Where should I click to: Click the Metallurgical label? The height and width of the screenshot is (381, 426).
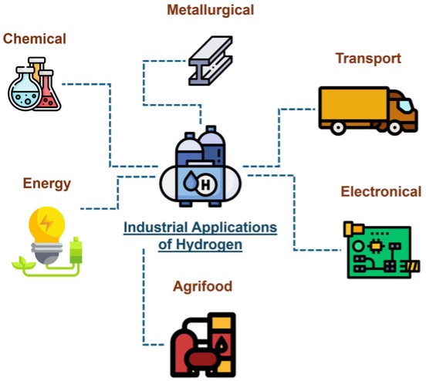pyautogui.click(x=211, y=10)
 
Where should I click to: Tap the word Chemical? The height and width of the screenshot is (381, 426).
pyautogui.click(x=35, y=39)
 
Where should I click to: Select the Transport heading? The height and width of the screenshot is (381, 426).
pyautogui.click(x=368, y=59)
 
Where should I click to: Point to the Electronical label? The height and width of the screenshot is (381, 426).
pyautogui.click(x=381, y=191)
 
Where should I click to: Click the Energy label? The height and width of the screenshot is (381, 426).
pyautogui.click(x=47, y=184)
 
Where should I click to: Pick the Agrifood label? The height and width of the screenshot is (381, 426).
pyautogui.click(x=203, y=287)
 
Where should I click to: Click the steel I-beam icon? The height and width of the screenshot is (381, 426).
pyautogui.click(x=211, y=61)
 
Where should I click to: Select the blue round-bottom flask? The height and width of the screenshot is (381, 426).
pyautogui.click(x=25, y=89)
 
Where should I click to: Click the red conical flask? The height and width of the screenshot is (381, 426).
pyautogui.click(x=49, y=93)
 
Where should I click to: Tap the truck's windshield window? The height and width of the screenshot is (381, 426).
pyautogui.click(x=406, y=105)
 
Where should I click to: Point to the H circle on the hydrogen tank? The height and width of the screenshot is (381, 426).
pyautogui.click(x=205, y=185)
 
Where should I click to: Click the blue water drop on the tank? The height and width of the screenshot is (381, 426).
pyautogui.click(x=190, y=180)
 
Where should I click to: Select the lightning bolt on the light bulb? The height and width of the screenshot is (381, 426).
pyautogui.click(x=46, y=223)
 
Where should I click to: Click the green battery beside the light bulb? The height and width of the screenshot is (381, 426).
pyautogui.click(x=76, y=251)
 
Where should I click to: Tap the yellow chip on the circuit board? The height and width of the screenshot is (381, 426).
pyautogui.click(x=376, y=246)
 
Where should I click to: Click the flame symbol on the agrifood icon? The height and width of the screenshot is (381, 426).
pyautogui.click(x=221, y=344)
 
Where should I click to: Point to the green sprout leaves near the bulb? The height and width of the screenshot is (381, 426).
pyautogui.click(x=24, y=262)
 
